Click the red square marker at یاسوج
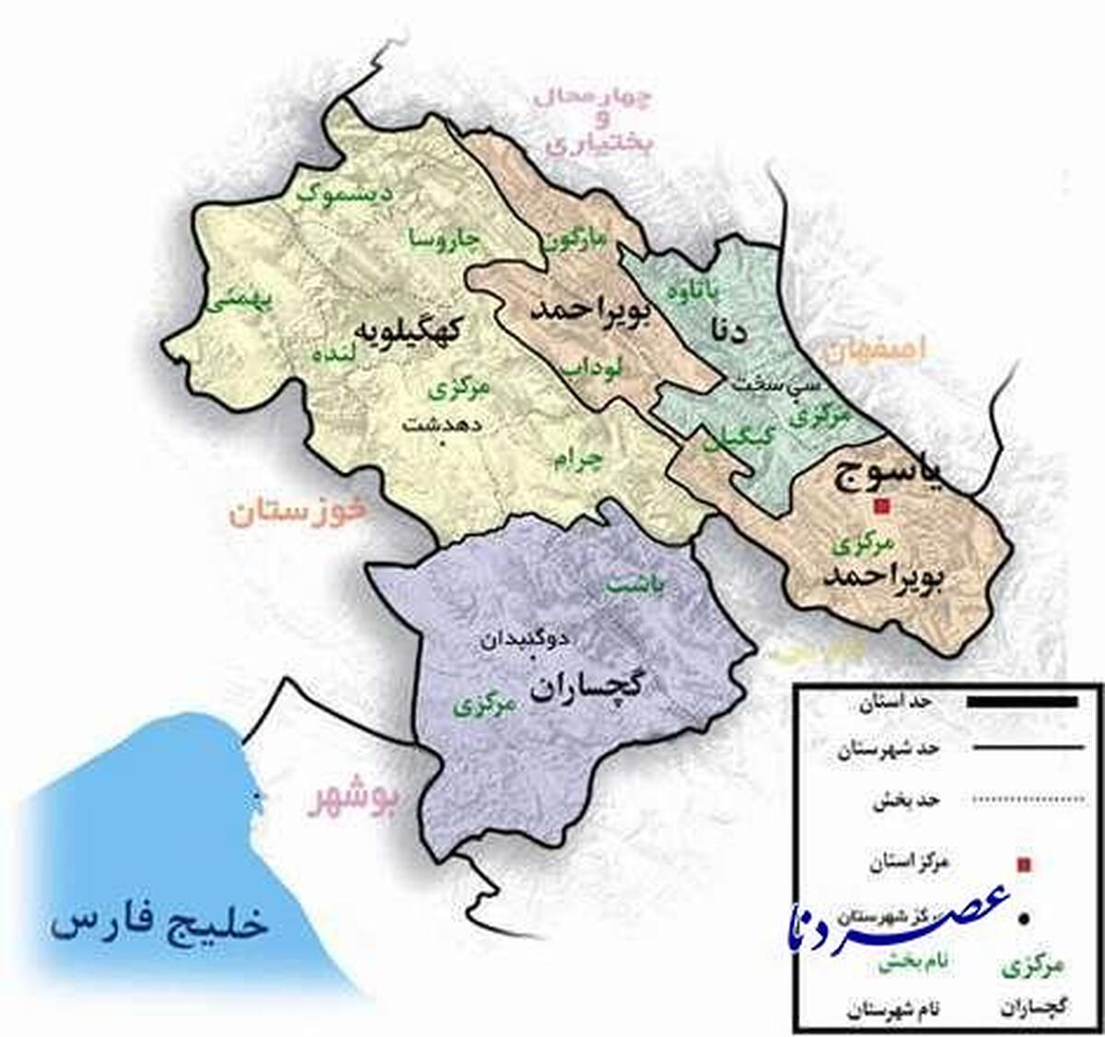tap(882, 506)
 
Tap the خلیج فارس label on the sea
tap(160, 921)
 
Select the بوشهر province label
tap(354, 800)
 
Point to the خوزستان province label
tap(298, 511)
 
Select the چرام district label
tap(576, 460)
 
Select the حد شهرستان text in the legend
tap(889, 750)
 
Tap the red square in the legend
tap(1022, 864)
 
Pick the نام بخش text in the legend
tap(913, 963)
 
